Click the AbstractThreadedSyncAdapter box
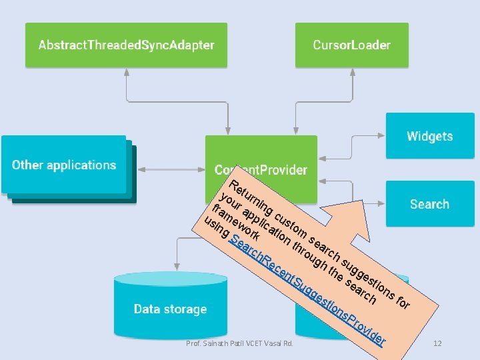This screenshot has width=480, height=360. click(x=126, y=45)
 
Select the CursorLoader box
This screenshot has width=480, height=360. click(x=351, y=45)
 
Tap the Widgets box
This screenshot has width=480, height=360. click(x=430, y=136)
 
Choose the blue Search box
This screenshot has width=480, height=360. click(x=430, y=204)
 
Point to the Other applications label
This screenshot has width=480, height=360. click(x=64, y=165)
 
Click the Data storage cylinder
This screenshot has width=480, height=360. click(x=170, y=309)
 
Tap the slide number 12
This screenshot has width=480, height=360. click(x=437, y=343)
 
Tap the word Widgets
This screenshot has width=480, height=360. click(x=430, y=136)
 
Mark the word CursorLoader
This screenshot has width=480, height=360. click(x=351, y=45)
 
